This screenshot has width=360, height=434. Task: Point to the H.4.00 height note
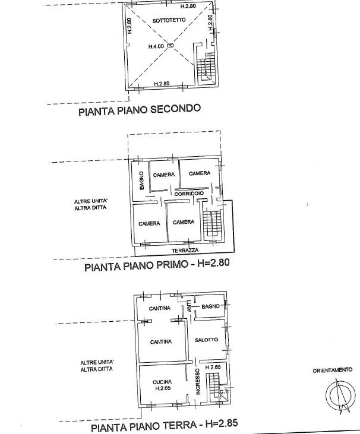coord(156,45)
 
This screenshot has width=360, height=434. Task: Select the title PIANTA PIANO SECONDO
coord(140,109)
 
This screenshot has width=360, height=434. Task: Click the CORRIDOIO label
coord(190,194)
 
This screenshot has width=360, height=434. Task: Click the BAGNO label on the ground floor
coord(211,306)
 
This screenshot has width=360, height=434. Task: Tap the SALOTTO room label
coord(207,340)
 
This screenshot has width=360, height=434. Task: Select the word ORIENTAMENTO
coord(332,370)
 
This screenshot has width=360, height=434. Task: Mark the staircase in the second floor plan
coord(207,66)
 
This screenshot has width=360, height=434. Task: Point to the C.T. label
coord(223,391)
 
